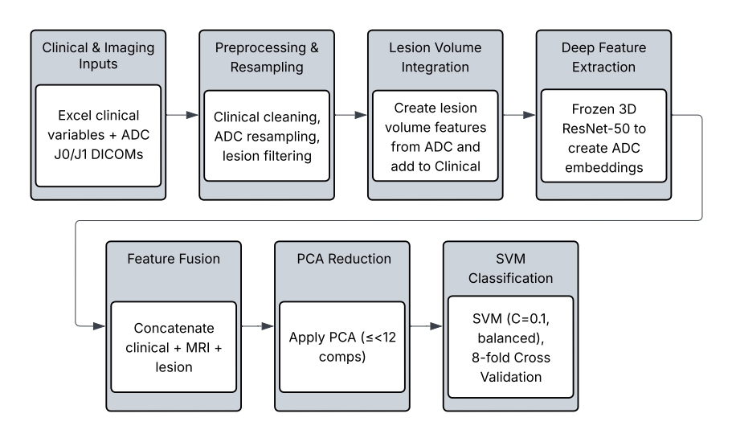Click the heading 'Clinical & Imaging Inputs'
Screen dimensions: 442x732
tap(99, 56)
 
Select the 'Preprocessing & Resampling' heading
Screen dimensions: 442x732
tap(267, 56)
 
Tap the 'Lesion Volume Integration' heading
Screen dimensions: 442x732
tap(435, 56)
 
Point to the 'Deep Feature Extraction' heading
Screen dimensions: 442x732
tap(603, 56)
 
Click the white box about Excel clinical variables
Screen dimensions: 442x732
tap(99, 135)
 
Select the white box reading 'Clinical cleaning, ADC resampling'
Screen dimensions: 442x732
tap(267, 135)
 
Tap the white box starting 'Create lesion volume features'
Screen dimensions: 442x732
tap(435, 135)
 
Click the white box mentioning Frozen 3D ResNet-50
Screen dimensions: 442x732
tap(603, 135)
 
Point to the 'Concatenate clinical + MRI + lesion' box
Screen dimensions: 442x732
tap(174, 349)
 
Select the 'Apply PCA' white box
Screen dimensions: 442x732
tap(341, 349)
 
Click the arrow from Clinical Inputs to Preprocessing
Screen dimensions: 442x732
tap(182, 115)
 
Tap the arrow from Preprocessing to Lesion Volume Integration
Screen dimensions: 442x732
tap(350, 115)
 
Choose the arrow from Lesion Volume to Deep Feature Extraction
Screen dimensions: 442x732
tap(518, 115)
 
